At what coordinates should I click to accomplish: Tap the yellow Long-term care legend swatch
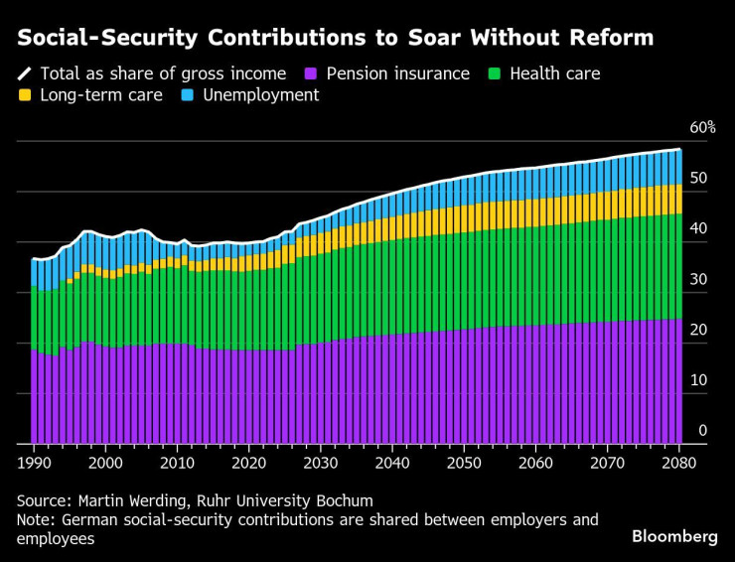pyautogui.click(x=25, y=95)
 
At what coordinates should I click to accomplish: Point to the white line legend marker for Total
pyautogui.click(x=25, y=73)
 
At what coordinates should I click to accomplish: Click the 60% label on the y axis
pyautogui.click(x=702, y=128)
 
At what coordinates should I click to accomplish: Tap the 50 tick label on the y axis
pyautogui.click(x=702, y=179)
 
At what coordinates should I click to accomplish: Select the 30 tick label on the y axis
pyautogui.click(x=702, y=280)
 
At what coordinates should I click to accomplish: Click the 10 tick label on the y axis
pyautogui.click(x=702, y=380)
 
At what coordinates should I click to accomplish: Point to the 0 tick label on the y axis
pyautogui.click(x=702, y=431)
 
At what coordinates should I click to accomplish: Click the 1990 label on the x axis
pyautogui.click(x=35, y=462)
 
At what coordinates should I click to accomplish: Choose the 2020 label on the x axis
pyautogui.click(x=249, y=462)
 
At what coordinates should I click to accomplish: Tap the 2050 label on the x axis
pyautogui.click(x=464, y=462)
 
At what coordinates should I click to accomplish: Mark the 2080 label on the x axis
pyautogui.click(x=678, y=462)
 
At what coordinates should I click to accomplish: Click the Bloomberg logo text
pyautogui.click(x=674, y=536)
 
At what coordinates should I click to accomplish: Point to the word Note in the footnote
pyautogui.click(x=35, y=519)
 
